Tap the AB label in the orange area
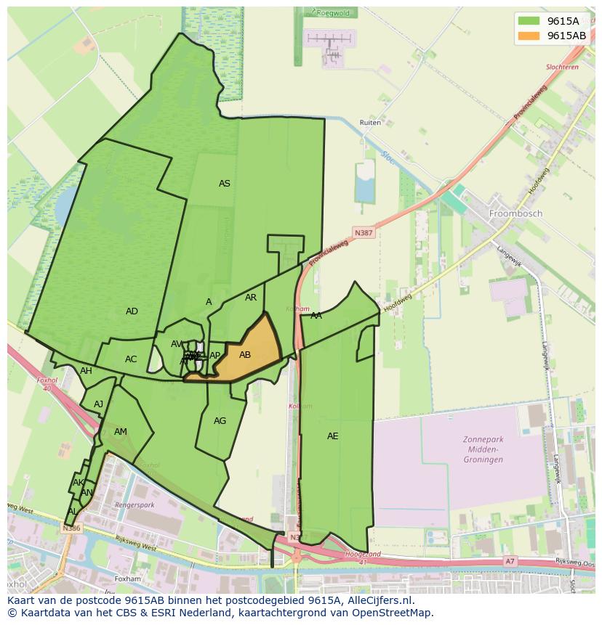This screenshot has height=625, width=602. point(245,355)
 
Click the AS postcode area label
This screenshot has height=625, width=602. point(225,184)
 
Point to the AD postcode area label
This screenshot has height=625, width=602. point(132,311)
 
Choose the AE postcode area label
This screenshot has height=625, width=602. point(332,436)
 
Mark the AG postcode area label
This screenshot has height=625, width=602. point(220,421)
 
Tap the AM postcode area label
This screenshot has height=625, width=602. point(121,432)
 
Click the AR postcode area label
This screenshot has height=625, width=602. point(251,298)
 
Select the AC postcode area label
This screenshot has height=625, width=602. point(131,359)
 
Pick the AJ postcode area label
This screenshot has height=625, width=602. point(99,404)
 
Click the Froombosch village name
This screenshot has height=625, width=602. point(515,214)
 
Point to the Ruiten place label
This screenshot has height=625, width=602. point(370,123)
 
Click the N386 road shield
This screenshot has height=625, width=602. point(71,528)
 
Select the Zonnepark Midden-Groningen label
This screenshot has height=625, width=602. point(483,449)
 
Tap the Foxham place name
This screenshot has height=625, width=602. point(127,579)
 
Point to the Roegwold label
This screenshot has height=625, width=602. point(334,12)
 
